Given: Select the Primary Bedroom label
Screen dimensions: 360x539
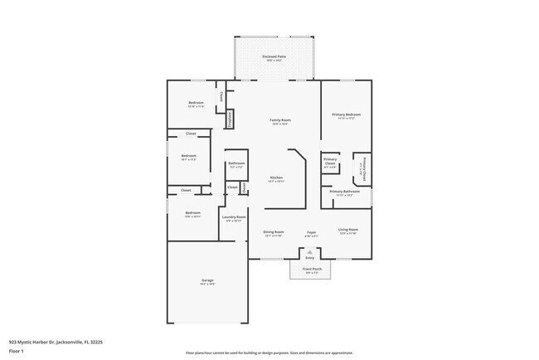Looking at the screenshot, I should (x=347, y=115).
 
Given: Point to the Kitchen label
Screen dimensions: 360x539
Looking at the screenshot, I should (x=276, y=178).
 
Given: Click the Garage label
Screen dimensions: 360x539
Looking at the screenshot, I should (x=207, y=281).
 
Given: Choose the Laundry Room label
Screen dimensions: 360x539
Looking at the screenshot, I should (x=234, y=218).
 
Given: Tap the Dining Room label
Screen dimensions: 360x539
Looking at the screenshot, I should (x=274, y=233).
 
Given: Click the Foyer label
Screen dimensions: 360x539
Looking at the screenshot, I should (x=312, y=233).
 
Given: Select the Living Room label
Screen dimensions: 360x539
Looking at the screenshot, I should (x=348, y=230).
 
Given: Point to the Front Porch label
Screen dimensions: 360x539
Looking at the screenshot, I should (x=311, y=269).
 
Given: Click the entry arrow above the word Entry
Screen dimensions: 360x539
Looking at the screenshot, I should (x=311, y=250).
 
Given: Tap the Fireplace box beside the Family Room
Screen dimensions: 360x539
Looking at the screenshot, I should (x=230, y=119).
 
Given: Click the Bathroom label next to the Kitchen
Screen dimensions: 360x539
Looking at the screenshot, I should (x=236, y=164).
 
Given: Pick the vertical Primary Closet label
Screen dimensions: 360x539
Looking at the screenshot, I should (x=362, y=168).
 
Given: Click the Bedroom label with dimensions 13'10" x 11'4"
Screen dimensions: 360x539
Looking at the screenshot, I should (x=196, y=104).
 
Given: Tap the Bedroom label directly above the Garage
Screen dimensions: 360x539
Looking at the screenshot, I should (x=192, y=214).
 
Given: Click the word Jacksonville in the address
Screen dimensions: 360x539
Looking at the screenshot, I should (x=69, y=341).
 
